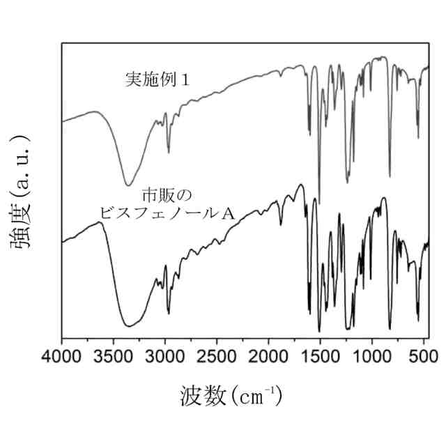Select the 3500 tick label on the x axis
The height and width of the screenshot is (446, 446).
114,357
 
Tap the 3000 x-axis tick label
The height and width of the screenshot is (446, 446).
165,357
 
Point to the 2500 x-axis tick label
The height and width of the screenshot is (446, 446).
217,357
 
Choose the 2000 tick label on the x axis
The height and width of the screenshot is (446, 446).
268,357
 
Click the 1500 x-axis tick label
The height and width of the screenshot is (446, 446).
320,357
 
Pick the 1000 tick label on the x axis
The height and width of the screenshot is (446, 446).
371,357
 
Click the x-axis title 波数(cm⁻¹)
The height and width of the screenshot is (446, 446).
231,397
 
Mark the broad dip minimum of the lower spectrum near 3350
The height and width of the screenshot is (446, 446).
128,325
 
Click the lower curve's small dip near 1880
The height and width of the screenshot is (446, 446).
281,225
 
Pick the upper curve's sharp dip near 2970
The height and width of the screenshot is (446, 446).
168,152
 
